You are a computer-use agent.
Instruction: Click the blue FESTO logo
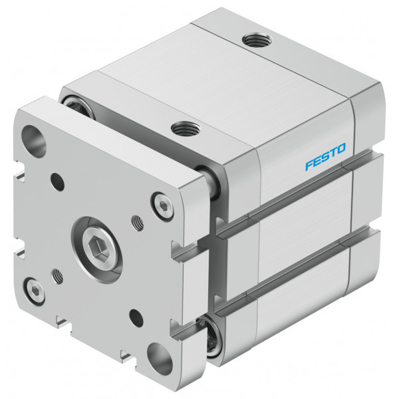click(325, 156)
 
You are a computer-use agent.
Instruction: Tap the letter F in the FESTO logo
click(309, 165)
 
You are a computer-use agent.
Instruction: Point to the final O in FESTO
click(341, 148)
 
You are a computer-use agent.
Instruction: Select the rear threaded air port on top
click(257, 40)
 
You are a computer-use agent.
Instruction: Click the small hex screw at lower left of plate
click(34, 291)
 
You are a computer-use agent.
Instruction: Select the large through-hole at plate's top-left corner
click(34, 142)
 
